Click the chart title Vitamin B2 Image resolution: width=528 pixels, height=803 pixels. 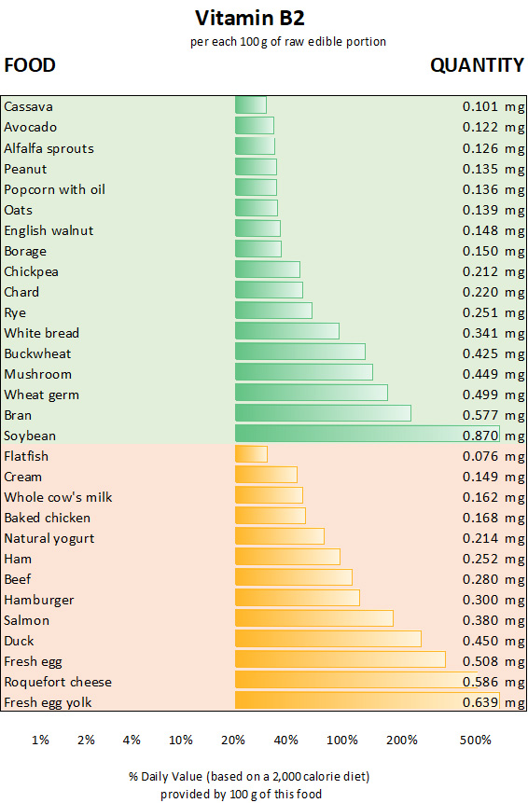pos(249,18)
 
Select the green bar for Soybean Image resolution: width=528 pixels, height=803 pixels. pos(367,435)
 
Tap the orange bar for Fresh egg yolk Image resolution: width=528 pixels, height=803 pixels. pos(367,701)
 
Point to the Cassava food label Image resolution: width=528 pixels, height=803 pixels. pos(29,106)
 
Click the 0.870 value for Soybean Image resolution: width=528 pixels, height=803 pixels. pos(481,436)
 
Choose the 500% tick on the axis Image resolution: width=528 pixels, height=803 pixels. pos(475,740)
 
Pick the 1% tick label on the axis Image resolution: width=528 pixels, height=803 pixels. pos(40,740)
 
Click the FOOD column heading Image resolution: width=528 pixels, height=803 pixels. pos(30,65)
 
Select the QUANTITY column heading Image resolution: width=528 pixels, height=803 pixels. pos(477,65)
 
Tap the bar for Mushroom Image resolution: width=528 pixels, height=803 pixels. pos(303,373)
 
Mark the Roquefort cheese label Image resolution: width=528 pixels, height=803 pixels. pos(58,682)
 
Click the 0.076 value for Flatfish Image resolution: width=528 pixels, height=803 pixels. pos(481,456)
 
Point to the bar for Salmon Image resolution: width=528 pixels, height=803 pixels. pos(313,619)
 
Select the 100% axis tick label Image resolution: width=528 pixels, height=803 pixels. pos(342,740)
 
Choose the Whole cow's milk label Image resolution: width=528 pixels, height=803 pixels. pos(58,497)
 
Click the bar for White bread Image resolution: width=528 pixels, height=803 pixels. pos(286,332)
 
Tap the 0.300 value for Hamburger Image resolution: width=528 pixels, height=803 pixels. pos(481,600)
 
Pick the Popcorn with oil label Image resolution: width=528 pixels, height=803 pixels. pos(54,189)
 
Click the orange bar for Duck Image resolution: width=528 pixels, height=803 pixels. pos(327,640)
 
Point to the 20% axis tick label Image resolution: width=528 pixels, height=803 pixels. pos(233,740)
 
